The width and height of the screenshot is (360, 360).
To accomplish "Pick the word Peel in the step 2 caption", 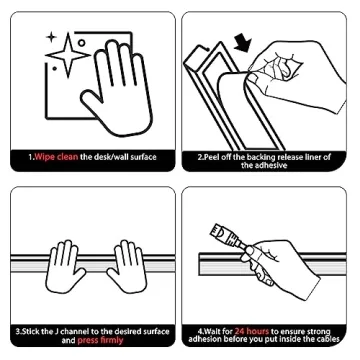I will click(x=208, y=157).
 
